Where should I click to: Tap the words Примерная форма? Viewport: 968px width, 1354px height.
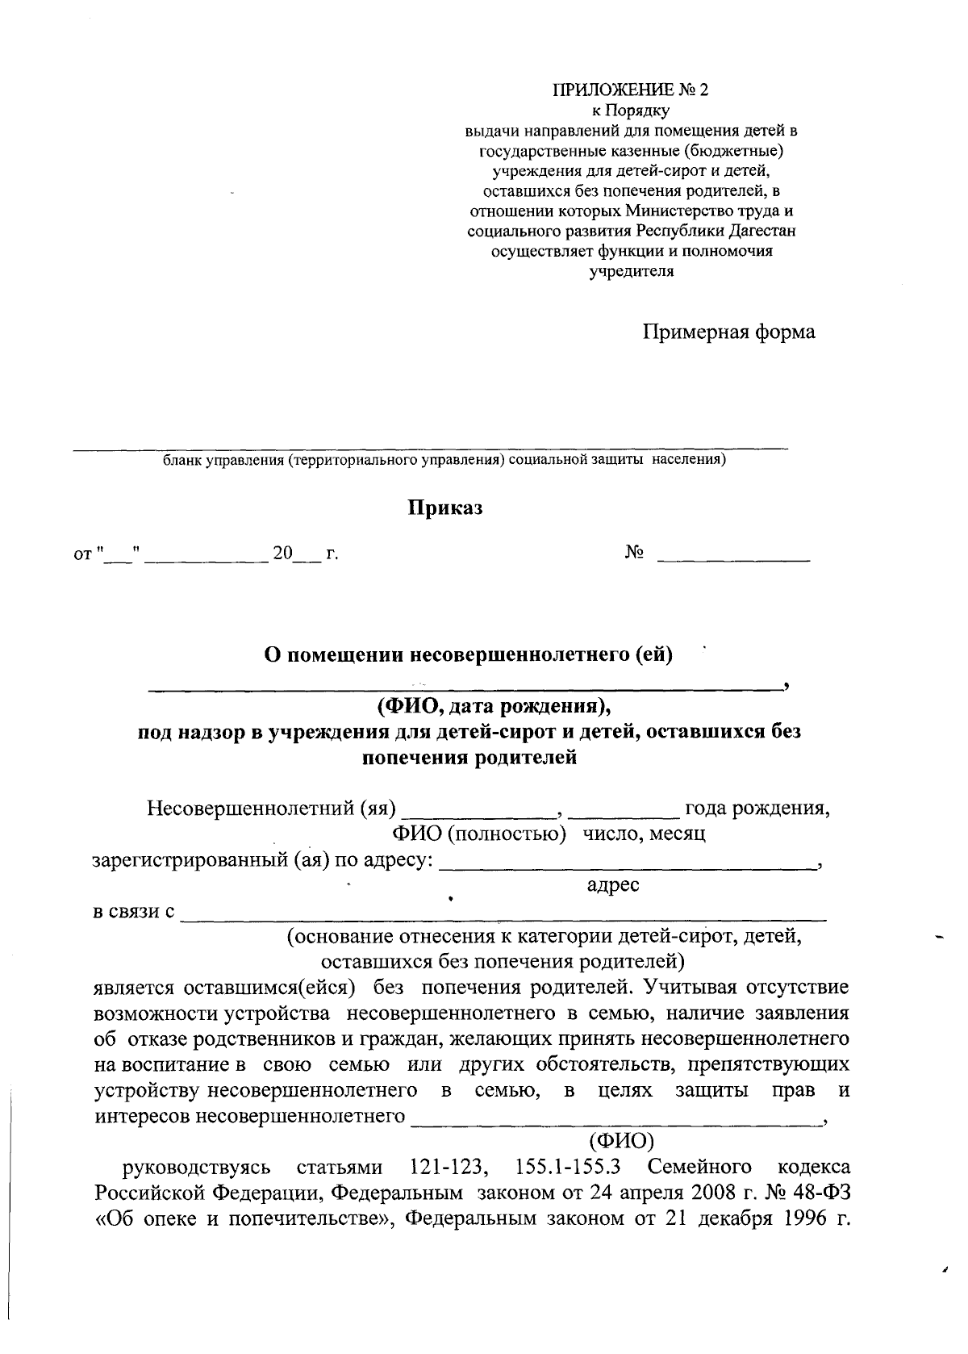click(x=728, y=332)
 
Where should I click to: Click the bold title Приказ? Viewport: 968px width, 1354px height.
click(x=444, y=508)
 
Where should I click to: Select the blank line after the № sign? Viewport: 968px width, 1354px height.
click(x=733, y=558)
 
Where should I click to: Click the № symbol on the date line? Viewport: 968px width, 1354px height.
click(x=634, y=553)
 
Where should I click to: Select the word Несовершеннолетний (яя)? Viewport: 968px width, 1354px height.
click(x=271, y=808)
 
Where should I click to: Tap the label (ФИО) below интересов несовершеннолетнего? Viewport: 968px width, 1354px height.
click(x=620, y=1141)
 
